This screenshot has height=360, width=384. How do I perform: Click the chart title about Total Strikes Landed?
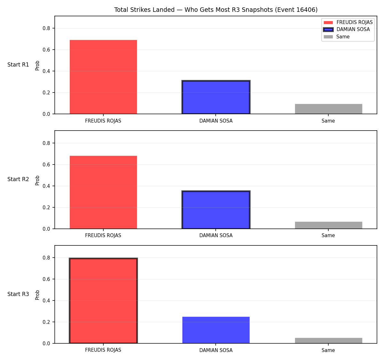(x=216, y=10)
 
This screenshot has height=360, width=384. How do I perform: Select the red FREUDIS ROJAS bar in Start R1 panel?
(x=103, y=77)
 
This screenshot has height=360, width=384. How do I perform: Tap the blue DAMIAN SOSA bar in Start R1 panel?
(x=216, y=97)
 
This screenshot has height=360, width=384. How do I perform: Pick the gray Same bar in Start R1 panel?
(x=328, y=109)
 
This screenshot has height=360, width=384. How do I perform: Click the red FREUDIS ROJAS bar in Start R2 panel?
(x=103, y=192)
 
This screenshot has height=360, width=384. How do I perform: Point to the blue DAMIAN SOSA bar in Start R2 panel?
(x=216, y=210)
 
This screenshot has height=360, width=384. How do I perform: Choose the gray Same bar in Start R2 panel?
(x=328, y=225)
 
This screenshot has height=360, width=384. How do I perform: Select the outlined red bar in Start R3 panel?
(x=103, y=300)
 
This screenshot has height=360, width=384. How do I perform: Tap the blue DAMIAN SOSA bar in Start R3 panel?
(x=216, y=330)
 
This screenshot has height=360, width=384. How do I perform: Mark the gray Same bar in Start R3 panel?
(x=328, y=341)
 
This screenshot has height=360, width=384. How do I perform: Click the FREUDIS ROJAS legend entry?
(x=348, y=22)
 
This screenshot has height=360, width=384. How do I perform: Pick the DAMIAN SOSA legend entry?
(x=347, y=29)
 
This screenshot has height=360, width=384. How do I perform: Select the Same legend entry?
(x=336, y=36)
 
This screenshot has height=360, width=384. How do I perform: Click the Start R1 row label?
(x=18, y=65)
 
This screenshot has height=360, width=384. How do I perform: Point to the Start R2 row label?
(x=18, y=179)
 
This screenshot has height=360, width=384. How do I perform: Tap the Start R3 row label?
(x=18, y=294)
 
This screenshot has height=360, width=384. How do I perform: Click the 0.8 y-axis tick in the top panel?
(x=46, y=28)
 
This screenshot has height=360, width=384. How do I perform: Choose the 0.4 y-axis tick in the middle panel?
(x=46, y=186)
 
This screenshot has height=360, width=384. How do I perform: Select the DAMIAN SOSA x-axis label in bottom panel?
(x=216, y=350)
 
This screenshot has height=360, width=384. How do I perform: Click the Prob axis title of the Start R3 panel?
(x=37, y=295)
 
